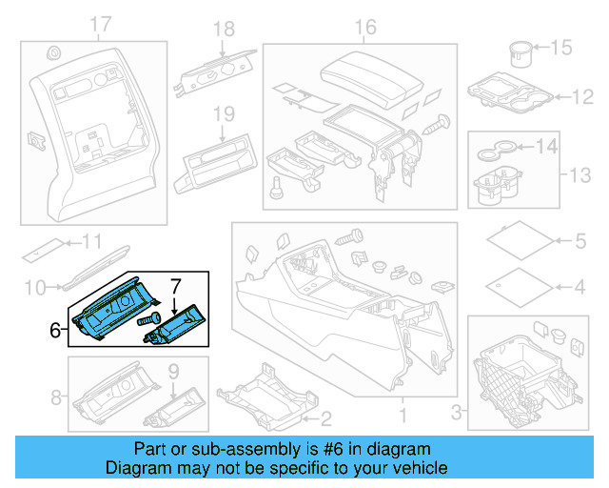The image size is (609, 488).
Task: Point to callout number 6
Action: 55,330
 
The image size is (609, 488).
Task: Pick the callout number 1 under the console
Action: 401,416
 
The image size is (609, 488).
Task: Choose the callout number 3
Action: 456,411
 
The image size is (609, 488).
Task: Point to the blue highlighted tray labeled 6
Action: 109,312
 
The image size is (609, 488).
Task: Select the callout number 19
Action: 223,114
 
